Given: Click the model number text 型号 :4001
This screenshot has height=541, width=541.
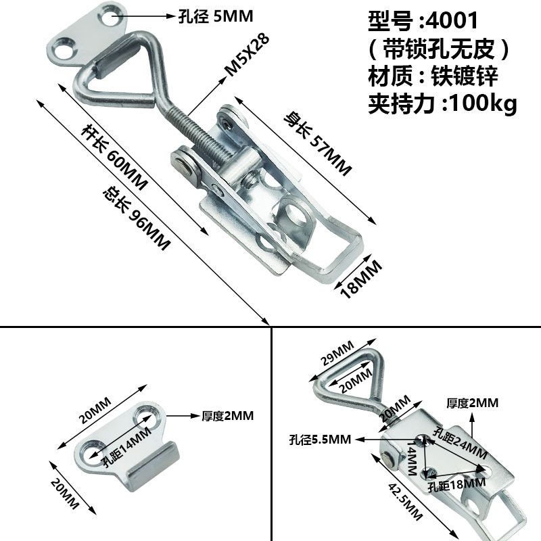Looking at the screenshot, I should [422, 20].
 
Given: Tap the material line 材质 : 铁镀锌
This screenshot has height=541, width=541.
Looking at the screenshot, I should [433, 76].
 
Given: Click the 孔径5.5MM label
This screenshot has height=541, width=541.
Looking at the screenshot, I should [319, 440].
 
